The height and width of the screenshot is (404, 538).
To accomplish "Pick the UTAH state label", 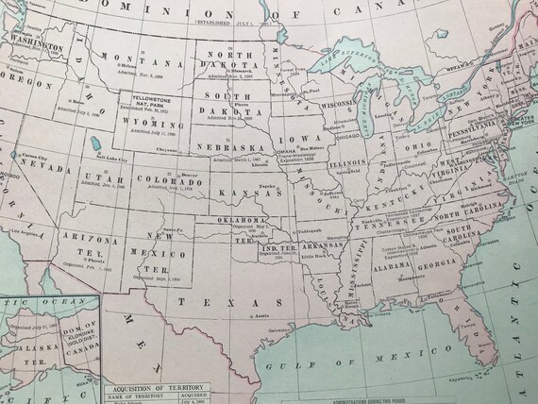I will coord(99,178).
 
